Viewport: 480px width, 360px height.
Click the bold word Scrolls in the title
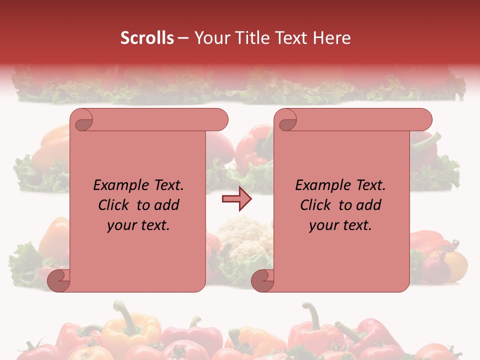146,38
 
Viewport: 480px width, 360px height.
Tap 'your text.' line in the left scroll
138,225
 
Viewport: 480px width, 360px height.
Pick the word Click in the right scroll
315,205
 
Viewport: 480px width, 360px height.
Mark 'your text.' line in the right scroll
340,225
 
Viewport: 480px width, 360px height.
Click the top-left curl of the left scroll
82,120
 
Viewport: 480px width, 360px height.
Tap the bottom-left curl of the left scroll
58,280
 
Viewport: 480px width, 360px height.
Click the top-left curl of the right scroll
286,120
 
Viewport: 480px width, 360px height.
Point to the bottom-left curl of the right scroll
262,280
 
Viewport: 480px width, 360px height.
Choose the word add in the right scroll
369,205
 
